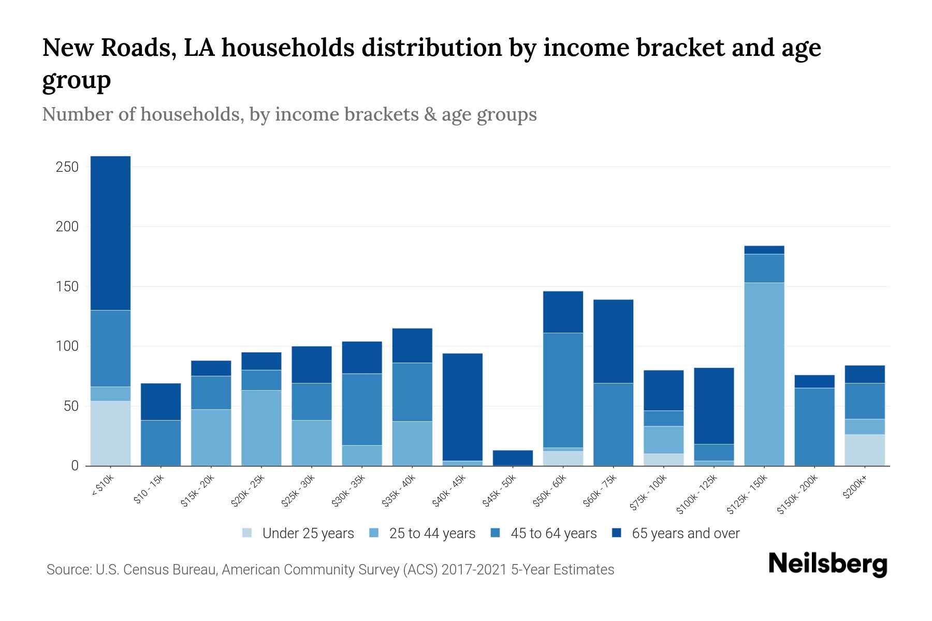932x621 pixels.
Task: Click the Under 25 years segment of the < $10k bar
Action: pyautogui.click(x=110, y=433)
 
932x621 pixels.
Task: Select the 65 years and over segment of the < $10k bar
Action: pyautogui.click(x=110, y=233)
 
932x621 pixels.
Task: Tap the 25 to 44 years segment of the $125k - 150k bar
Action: pyautogui.click(x=764, y=374)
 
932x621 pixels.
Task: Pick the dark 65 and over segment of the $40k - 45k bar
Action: pyautogui.click(x=462, y=407)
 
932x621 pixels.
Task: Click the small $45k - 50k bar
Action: pyautogui.click(x=513, y=457)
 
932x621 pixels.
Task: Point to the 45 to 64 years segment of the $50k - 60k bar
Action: pyautogui.click(x=563, y=390)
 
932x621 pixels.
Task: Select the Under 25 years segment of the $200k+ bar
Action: pyautogui.click(x=864, y=450)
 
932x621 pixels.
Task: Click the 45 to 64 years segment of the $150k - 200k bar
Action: pyautogui.click(x=814, y=426)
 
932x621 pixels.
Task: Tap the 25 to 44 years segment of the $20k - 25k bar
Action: pyautogui.click(x=261, y=427)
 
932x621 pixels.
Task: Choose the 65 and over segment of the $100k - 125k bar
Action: pyautogui.click(x=713, y=406)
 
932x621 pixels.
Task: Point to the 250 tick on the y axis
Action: pyautogui.click(x=67, y=167)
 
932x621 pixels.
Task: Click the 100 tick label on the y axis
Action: pyautogui.click(x=67, y=346)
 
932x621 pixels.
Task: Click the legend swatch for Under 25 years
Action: pyautogui.click(x=247, y=533)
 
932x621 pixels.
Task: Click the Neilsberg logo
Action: pyautogui.click(x=827, y=564)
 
